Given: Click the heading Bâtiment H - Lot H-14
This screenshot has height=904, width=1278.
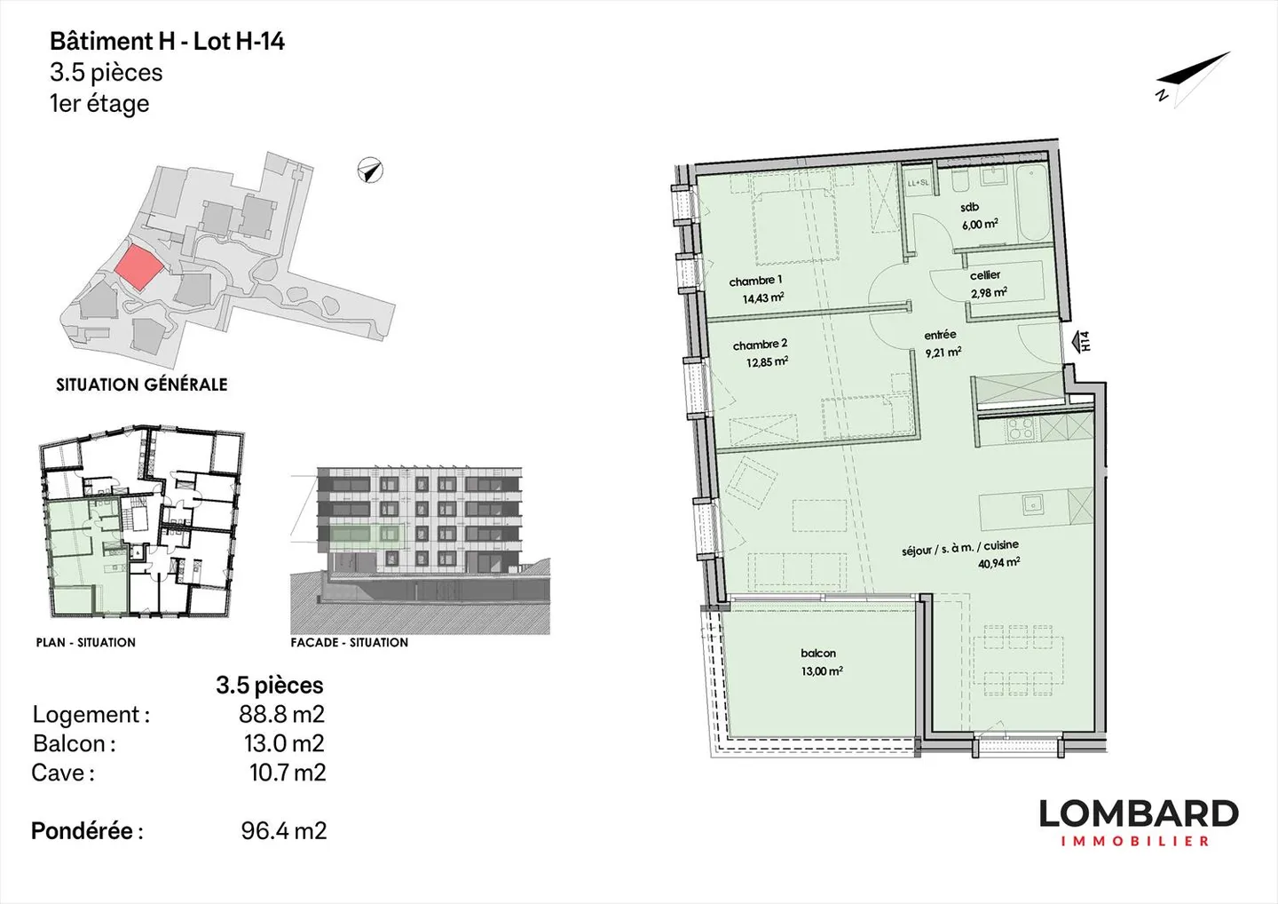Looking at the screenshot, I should (167, 41).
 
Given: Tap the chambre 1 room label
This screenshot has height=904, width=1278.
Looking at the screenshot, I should (755, 281).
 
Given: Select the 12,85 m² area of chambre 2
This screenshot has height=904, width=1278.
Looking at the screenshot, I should (767, 362).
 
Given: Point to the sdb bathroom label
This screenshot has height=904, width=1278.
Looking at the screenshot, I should (969, 207).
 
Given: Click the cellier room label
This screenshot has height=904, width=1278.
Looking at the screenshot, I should (985, 275).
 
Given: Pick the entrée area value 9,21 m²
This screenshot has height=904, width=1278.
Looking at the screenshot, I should (943, 353).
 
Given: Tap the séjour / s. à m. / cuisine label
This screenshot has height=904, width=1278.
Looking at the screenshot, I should (959, 547).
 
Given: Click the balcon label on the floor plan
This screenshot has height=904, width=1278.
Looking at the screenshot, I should (818, 654).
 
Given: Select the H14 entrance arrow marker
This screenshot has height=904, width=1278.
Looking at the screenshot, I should (1081, 342).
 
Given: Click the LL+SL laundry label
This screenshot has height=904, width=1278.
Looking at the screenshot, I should (917, 184).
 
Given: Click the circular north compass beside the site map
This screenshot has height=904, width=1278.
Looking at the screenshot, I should (370, 170).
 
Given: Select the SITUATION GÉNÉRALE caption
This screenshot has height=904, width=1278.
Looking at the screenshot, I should (142, 385).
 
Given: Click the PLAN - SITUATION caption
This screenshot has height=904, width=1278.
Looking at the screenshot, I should (86, 642).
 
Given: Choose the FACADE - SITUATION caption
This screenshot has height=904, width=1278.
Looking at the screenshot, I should (350, 642).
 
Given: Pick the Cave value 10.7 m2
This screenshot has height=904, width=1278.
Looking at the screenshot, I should (287, 773).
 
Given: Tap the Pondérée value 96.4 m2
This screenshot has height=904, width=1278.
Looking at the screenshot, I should (284, 831).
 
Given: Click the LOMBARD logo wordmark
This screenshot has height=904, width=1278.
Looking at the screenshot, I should (1138, 813).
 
